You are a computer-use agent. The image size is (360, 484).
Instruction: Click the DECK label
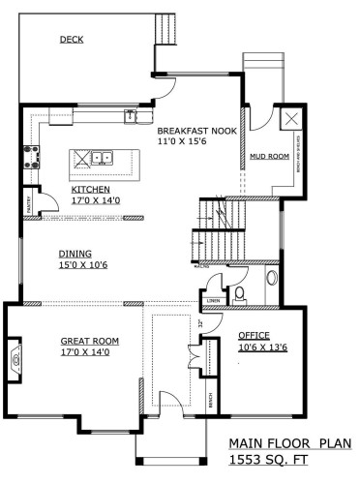pyautogui.click(x=70, y=40)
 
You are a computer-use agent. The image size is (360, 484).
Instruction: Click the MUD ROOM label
pyautogui.click(x=264, y=155)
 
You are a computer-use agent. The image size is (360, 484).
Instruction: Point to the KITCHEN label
pyautogui.click(x=90, y=190)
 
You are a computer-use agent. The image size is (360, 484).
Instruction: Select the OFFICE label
pyautogui.click(x=254, y=335)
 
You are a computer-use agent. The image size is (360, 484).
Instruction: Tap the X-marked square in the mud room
pyautogui.click(x=289, y=121)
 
